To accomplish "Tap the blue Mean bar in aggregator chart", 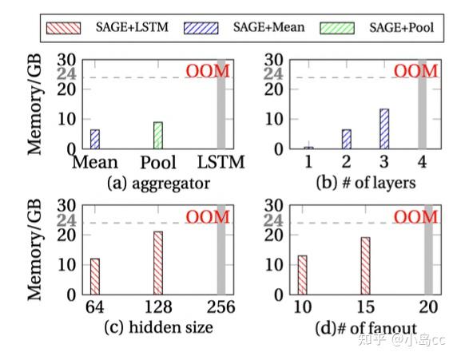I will coord(95,139).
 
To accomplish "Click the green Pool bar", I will coord(158,135).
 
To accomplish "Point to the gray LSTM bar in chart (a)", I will coord(221,104).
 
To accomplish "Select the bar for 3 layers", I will coord(384,129).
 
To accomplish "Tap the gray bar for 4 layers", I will coord(423,104).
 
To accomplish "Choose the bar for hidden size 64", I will coord(95,276).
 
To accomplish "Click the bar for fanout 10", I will coord(302,275).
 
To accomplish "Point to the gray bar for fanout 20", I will coord(428,250).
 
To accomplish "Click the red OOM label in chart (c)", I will coord(208,217).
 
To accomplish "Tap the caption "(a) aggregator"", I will coord(158,184).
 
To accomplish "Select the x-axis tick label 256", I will coord(221,307).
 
